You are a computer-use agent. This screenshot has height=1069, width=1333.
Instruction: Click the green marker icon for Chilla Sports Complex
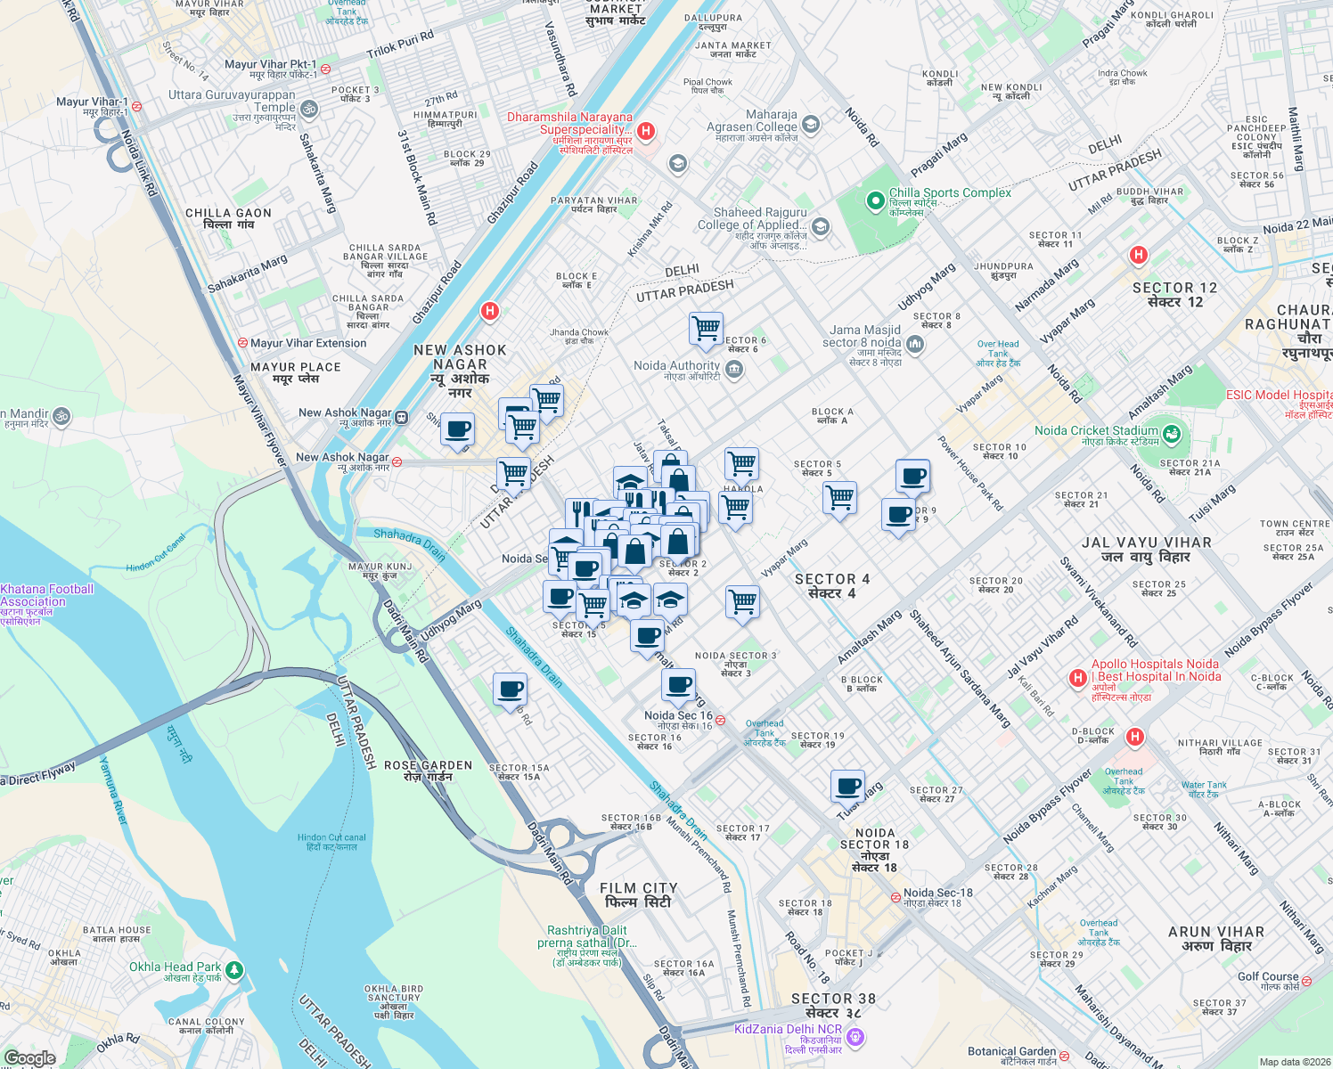pos(875,200)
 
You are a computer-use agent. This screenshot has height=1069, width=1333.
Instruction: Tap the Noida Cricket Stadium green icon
pos(1172,435)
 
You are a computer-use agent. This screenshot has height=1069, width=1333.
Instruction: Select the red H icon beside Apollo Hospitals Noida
pos(1077,679)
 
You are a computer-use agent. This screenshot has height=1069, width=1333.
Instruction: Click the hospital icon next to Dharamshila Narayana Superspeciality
pos(646,132)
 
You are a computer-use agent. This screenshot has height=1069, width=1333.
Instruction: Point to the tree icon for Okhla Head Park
pos(234,969)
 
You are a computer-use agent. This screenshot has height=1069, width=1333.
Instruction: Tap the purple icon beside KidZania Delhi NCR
pos(855,1036)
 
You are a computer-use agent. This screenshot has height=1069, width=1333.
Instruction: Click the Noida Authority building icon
pos(734,370)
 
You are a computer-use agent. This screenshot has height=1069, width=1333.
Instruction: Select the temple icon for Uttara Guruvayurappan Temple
pos(309,109)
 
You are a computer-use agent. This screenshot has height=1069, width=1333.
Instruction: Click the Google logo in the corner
pos(30,1058)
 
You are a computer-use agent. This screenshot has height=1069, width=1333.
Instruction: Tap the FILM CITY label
pos(638,895)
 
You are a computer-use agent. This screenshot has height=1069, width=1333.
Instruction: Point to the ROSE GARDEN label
pos(428,771)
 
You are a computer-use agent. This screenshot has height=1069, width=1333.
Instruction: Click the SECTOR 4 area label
pos(831,585)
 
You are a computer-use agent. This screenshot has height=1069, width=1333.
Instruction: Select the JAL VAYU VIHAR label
pos(1146,549)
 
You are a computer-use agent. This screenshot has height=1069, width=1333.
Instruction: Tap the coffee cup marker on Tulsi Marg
pos(847,787)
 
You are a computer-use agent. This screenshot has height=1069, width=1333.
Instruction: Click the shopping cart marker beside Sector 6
pos(706,328)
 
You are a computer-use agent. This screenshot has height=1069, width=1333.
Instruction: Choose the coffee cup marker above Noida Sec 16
pos(678,685)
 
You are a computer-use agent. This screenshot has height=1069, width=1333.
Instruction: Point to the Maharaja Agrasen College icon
pos(811,124)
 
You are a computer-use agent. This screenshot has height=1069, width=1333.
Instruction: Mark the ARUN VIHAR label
pos(1216,938)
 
